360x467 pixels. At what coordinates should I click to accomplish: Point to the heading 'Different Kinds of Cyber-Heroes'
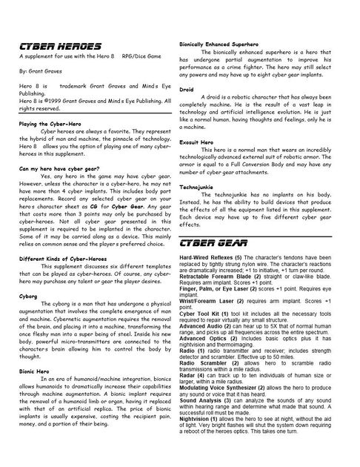64,257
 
